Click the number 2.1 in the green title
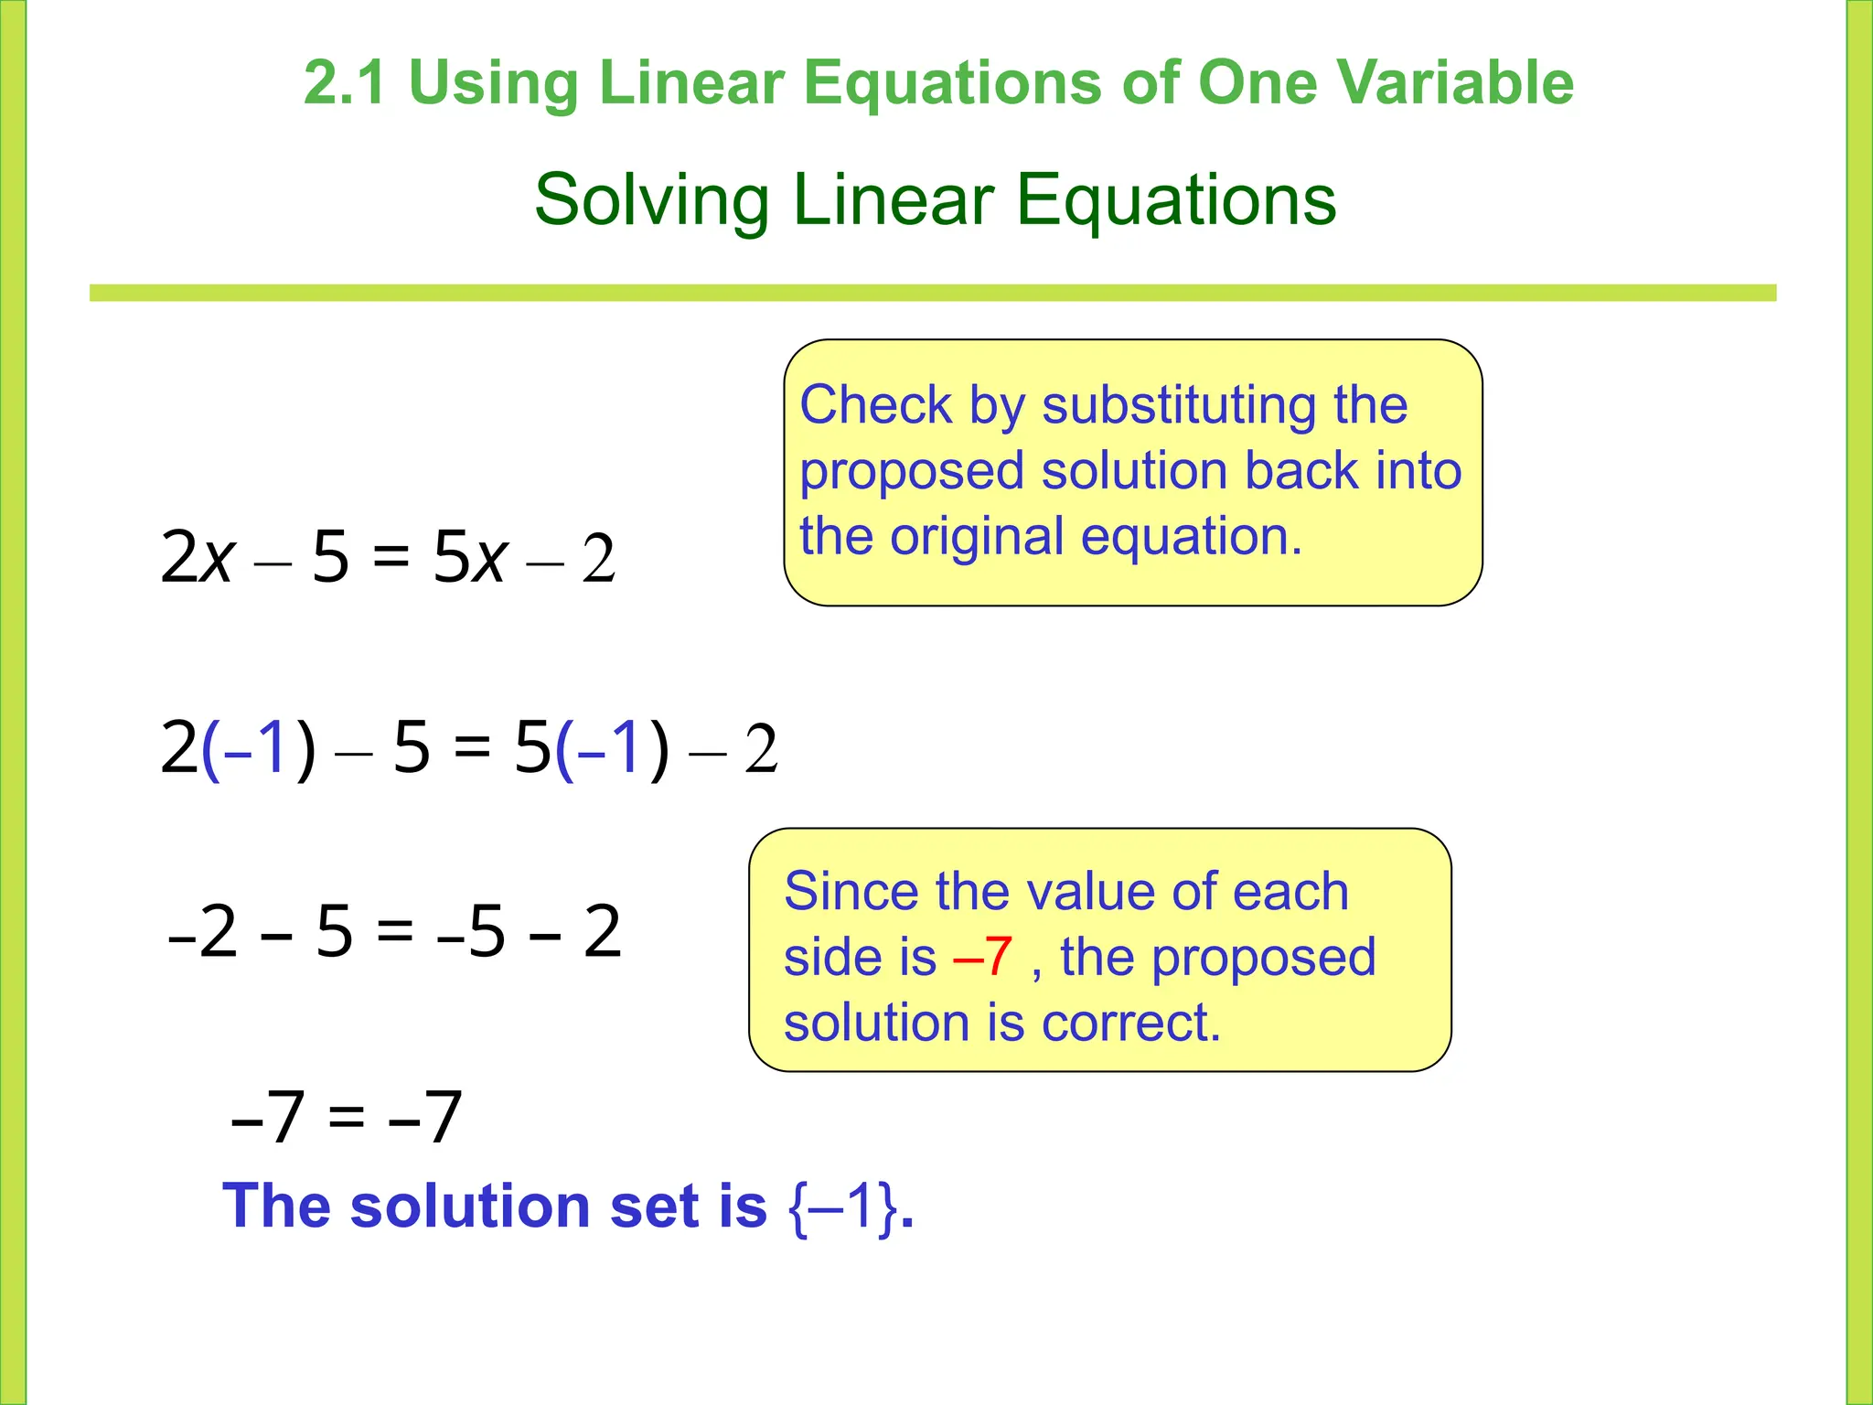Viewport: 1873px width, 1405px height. tap(344, 83)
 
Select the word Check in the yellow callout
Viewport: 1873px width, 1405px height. tap(875, 405)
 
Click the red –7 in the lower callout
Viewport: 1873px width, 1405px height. tap(982, 957)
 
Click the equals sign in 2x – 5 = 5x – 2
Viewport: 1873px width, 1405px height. tap(391, 557)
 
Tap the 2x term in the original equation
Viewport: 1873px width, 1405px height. tap(198, 557)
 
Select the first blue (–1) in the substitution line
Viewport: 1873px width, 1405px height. tap(258, 748)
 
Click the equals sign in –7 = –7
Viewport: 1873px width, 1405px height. tap(347, 1118)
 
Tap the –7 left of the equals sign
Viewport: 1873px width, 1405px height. tap(267, 1118)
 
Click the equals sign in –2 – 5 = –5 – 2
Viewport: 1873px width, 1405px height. tap(395, 932)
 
